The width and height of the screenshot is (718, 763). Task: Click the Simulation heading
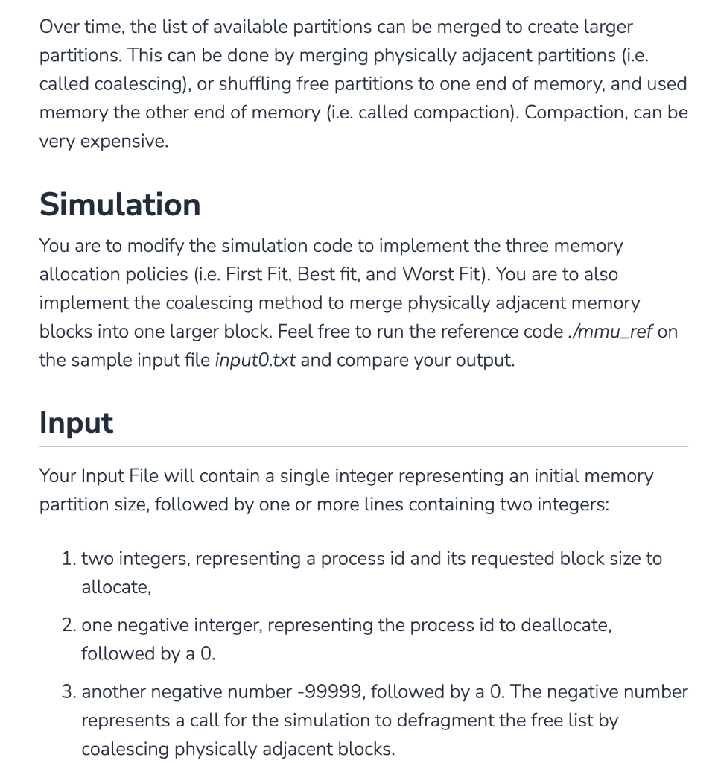120,204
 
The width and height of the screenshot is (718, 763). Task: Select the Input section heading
76,422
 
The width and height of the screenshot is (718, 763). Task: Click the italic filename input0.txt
255,361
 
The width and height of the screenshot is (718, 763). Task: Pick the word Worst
428,274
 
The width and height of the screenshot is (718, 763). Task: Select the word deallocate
563,625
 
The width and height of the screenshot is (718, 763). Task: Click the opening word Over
59,27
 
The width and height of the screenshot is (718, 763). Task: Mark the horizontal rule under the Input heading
363,446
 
